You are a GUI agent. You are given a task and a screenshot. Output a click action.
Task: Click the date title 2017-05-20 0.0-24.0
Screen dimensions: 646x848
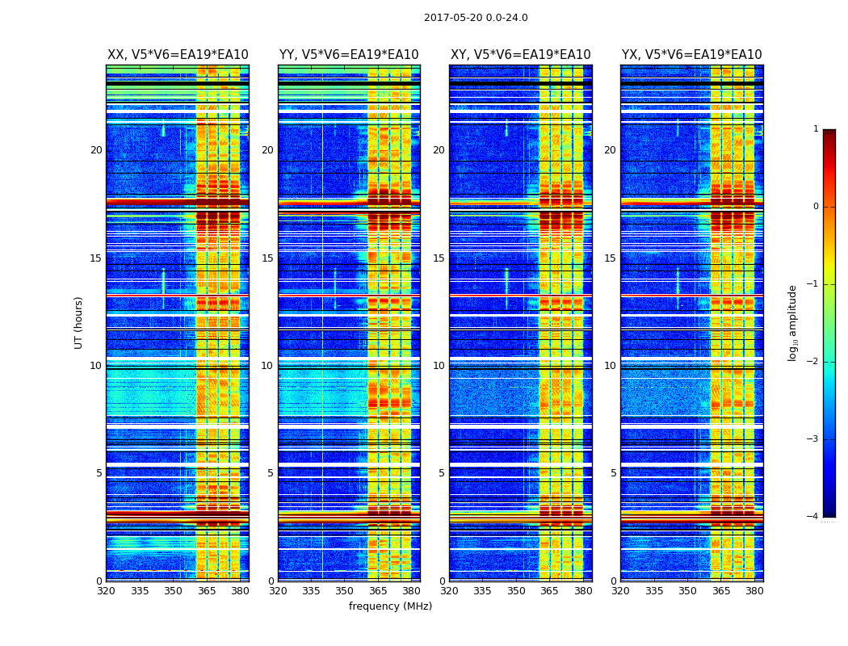[476, 18]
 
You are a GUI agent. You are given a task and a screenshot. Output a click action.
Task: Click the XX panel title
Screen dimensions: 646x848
[178, 55]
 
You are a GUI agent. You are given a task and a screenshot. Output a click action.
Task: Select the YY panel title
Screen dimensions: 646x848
[349, 55]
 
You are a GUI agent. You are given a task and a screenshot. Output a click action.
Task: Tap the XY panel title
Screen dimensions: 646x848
[521, 55]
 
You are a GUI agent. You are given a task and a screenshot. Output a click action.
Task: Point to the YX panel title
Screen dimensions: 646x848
[692, 55]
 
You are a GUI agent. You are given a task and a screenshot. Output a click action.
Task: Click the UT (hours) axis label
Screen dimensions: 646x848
[78, 322]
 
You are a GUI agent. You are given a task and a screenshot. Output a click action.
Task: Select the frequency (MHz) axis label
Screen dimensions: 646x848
[390, 606]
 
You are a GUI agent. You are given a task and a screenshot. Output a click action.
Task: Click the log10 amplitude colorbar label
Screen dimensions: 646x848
[792, 322]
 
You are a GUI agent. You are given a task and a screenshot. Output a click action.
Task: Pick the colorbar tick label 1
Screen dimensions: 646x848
[815, 129]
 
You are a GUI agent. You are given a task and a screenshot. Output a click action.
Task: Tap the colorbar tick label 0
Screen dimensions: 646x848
[815, 207]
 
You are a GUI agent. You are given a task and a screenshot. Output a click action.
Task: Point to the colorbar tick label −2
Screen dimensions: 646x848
[812, 362]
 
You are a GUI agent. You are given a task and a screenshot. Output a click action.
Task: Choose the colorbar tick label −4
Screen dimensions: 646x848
[812, 517]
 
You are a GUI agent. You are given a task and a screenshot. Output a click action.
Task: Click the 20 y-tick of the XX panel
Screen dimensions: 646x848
[96, 150]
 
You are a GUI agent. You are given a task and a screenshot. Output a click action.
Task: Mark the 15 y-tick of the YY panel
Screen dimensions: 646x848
[267, 258]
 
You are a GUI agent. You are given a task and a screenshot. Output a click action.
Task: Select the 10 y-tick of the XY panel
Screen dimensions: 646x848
[439, 366]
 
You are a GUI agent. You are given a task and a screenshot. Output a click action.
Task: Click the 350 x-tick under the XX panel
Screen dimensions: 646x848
[173, 591]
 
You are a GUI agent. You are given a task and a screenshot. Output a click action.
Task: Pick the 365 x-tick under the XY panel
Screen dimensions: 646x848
[550, 591]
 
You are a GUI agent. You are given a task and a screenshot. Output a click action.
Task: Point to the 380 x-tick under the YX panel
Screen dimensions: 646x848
[754, 591]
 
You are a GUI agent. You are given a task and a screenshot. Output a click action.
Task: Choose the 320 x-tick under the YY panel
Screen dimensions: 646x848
[278, 591]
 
